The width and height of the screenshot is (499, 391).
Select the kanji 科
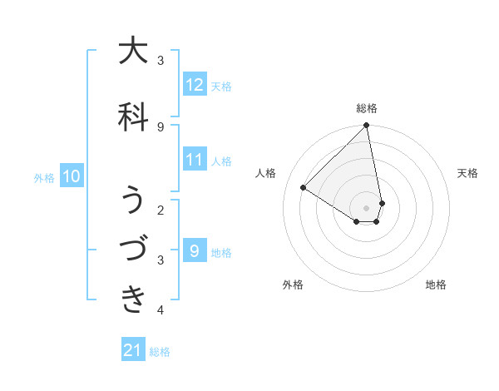133,116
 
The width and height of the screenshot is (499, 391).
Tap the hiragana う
133,200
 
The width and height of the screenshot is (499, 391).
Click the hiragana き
133,298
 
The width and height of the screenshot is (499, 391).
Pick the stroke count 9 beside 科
161,126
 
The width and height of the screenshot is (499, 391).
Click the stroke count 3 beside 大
161,60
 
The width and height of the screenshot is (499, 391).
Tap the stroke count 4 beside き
161,310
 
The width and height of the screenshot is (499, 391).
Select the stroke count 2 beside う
161,210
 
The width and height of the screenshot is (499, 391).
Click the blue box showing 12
195,85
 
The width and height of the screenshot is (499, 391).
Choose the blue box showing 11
195,160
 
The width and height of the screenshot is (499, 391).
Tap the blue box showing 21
133,350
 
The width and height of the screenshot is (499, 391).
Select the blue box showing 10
72,176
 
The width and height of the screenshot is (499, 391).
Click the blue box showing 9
195,251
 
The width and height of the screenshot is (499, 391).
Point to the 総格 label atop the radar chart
367,108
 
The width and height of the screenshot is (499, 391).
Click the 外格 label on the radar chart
293,285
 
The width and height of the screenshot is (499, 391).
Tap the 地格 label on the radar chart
436,285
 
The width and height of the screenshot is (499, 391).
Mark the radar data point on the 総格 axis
367,126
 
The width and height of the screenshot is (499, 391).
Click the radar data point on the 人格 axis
304,188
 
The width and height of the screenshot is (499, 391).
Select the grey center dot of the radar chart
367,207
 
